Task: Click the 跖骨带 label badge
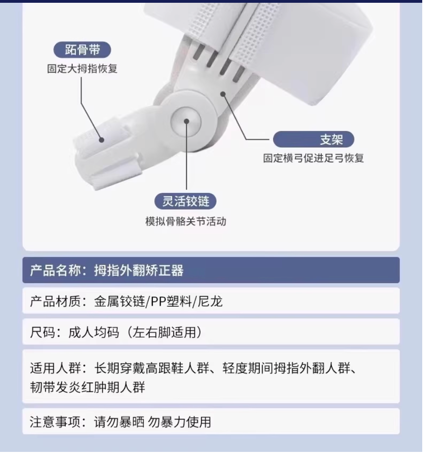coord(82,50)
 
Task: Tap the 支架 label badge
coord(313,139)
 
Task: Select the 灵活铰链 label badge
coord(185,201)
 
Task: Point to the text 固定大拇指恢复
coord(82,69)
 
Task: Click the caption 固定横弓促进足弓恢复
coord(313,158)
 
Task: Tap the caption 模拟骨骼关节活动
coord(185,221)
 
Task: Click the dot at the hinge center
coord(187,121)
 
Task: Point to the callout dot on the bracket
coord(223,94)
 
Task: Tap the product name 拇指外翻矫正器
coord(139,270)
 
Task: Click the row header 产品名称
coord(56,270)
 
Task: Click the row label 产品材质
coord(56,302)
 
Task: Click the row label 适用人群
coord(56,369)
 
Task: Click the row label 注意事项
coord(56,422)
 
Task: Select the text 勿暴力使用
coord(179,422)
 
